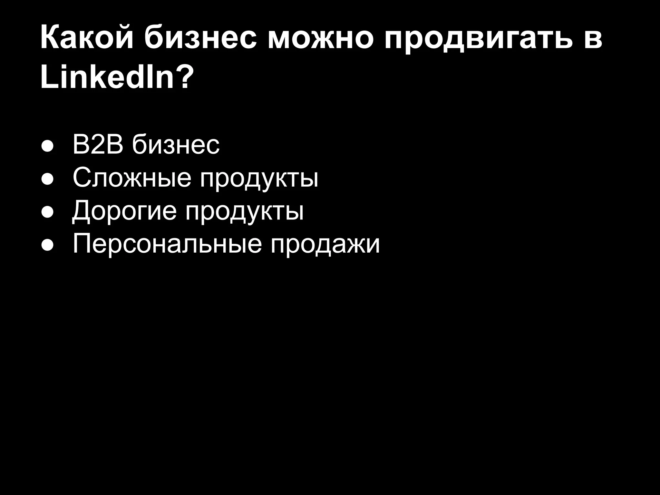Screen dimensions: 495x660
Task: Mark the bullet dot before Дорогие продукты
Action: (x=47, y=213)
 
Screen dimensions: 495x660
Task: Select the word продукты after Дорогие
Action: (x=244, y=213)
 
